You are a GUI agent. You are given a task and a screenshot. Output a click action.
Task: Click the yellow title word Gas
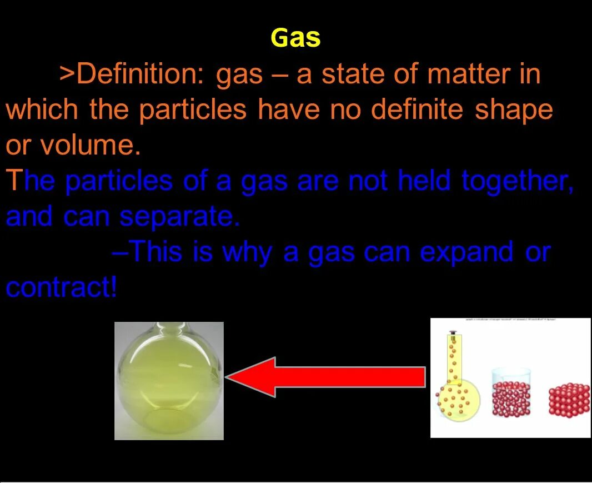295,38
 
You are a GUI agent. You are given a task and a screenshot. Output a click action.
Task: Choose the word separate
178,217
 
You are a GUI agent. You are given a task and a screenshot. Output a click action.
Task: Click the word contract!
61,288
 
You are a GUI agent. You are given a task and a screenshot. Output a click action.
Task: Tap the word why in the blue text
247,252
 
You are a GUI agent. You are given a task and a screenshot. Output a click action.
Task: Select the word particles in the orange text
193,110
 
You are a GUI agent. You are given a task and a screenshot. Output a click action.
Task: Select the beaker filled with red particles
511,392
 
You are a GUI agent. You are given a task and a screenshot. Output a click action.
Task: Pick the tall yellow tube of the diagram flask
454,358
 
